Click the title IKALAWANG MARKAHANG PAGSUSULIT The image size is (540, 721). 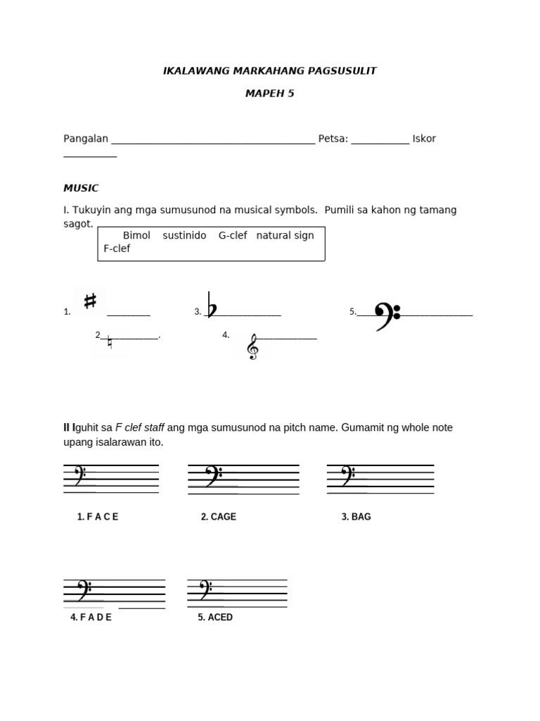[270, 70]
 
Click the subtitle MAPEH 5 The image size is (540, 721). [270, 94]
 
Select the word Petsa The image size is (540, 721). [333, 139]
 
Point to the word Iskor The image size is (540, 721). [424, 139]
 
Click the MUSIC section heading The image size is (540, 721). [81, 188]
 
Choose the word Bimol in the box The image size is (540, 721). [136, 235]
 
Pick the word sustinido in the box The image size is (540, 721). [184, 235]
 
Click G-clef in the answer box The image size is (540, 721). [233, 235]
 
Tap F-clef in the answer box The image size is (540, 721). [117, 249]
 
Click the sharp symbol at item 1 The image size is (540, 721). [90, 301]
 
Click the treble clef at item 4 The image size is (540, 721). [252, 346]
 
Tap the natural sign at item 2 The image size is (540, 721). [110, 343]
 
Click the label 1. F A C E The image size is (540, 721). [98, 517]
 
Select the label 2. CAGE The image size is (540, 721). [218, 517]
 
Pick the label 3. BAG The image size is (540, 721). [356, 517]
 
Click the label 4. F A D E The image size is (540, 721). [91, 617]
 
